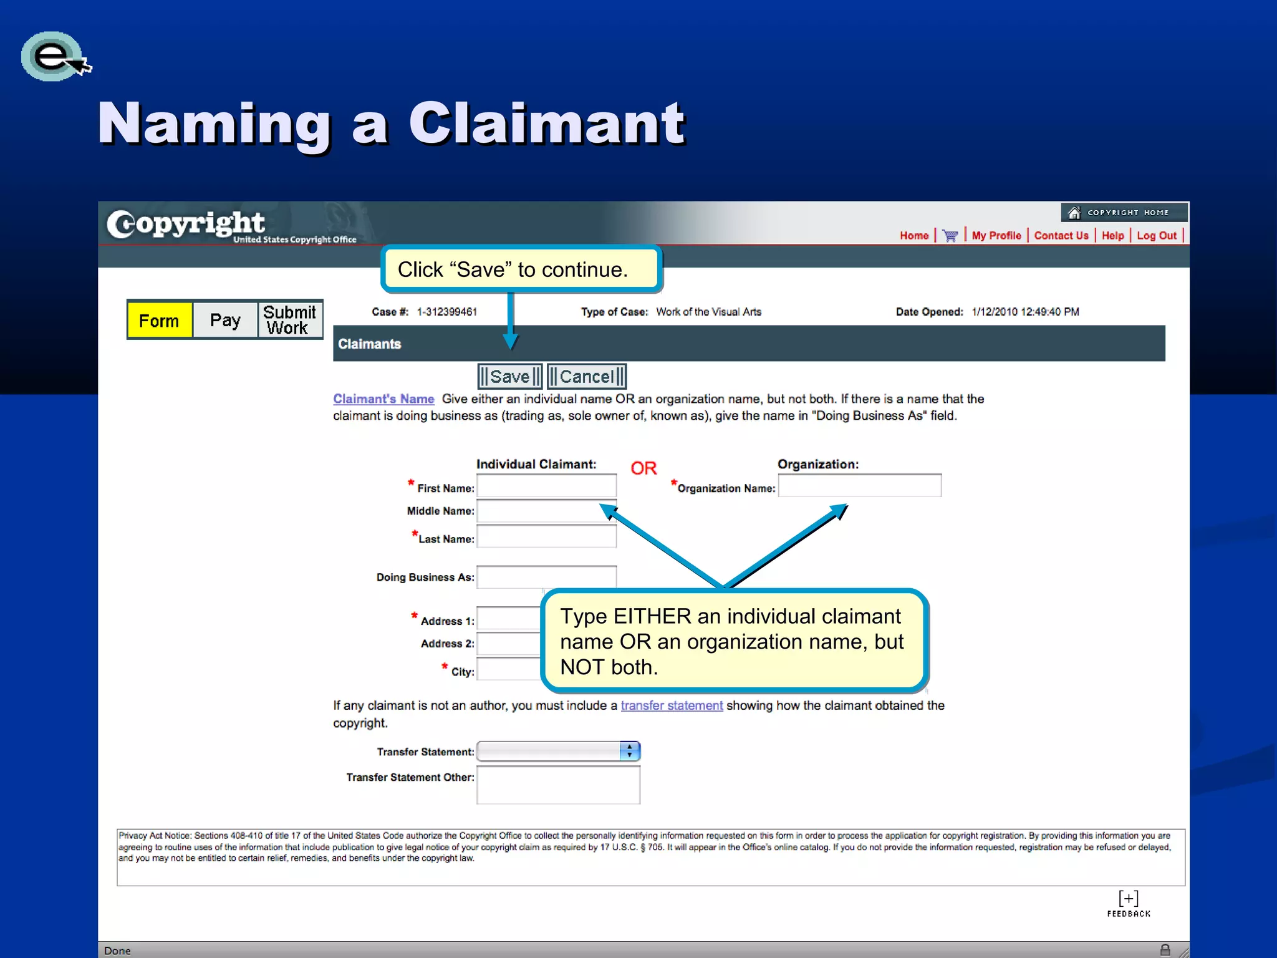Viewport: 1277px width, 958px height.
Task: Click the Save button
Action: (x=509, y=377)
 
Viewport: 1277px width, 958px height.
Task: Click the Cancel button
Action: (x=586, y=377)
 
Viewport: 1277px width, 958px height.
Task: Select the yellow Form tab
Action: (x=160, y=321)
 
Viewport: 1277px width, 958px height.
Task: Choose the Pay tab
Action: (x=225, y=321)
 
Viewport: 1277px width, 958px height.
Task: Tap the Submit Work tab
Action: (x=290, y=320)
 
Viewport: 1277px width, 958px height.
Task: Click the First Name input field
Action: (x=546, y=486)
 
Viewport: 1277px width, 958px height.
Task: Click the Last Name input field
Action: (x=546, y=536)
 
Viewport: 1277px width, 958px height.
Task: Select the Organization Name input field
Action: (x=859, y=486)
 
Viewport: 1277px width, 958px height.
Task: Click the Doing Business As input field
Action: (x=546, y=577)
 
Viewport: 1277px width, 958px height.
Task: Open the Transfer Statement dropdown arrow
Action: (x=630, y=751)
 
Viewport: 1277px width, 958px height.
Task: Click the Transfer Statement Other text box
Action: (x=558, y=785)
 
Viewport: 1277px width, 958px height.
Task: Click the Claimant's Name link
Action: (x=383, y=399)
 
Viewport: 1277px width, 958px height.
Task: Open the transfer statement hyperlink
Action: (x=672, y=705)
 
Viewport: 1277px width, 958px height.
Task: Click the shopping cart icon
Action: (x=950, y=236)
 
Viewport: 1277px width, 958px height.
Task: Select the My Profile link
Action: (x=996, y=236)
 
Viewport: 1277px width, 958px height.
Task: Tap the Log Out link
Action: (x=1157, y=236)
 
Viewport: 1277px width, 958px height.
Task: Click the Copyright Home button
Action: (x=1124, y=213)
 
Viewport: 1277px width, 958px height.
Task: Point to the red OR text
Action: (x=643, y=468)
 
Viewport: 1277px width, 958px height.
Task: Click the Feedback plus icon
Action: (x=1129, y=899)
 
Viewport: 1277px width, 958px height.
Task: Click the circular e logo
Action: (x=54, y=57)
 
